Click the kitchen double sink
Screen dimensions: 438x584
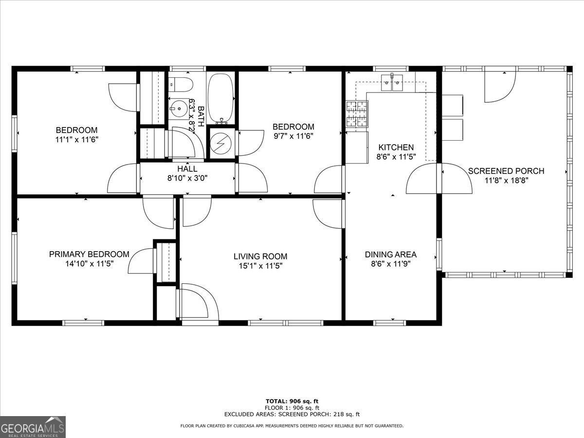(x=392, y=82)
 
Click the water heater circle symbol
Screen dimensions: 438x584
(x=221, y=144)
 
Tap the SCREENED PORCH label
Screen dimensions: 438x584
(x=506, y=171)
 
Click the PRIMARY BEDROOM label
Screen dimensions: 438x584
(x=89, y=254)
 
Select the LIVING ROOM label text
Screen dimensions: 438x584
(x=260, y=256)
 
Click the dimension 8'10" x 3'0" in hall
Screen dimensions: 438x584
(x=187, y=178)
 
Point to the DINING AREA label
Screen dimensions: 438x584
(x=391, y=255)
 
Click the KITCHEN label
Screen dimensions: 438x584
(x=396, y=147)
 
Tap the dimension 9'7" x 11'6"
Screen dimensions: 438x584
(x=293, y=136)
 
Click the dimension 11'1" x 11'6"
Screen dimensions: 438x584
(x=76, y=140)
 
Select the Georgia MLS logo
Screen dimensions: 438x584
(x=33, y=427)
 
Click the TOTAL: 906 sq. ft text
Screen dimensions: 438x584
(x=292, y=401)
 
